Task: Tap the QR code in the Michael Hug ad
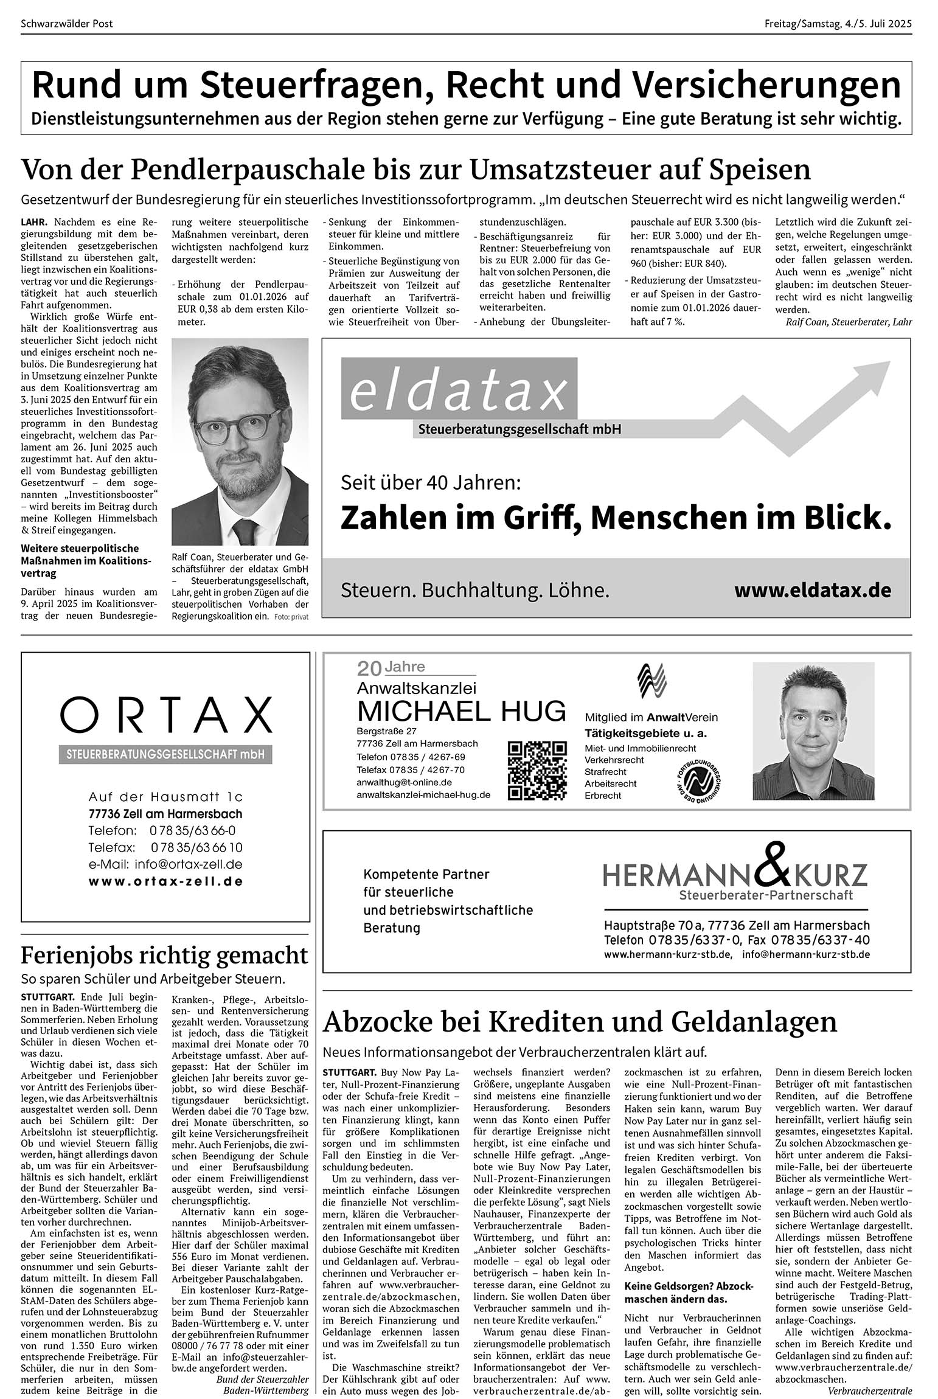[x=537, y=770]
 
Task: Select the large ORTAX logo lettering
[x=165, y=715]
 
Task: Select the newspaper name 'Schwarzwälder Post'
[x=67, y=24]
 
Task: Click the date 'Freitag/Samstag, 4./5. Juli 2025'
[x=838, y=24]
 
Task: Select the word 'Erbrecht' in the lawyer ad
[x=603, y=796]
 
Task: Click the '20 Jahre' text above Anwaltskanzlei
[x=391, y=668]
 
